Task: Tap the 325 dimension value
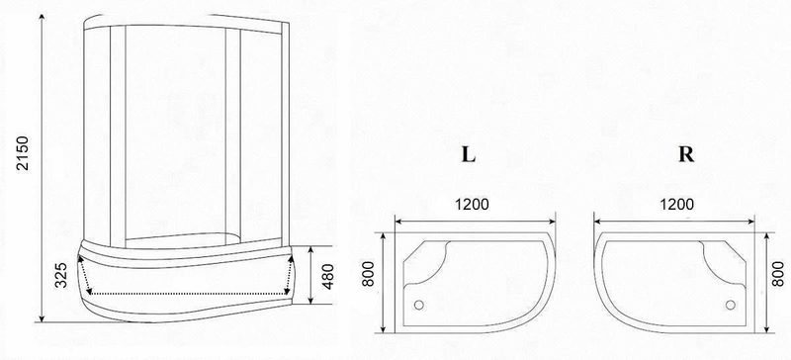61,275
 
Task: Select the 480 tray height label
328,276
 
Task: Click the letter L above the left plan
468,154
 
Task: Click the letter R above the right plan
686,154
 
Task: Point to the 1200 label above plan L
472,205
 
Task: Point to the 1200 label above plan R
676,205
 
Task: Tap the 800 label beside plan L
368,274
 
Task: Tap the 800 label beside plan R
779,274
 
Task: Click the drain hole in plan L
418,305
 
